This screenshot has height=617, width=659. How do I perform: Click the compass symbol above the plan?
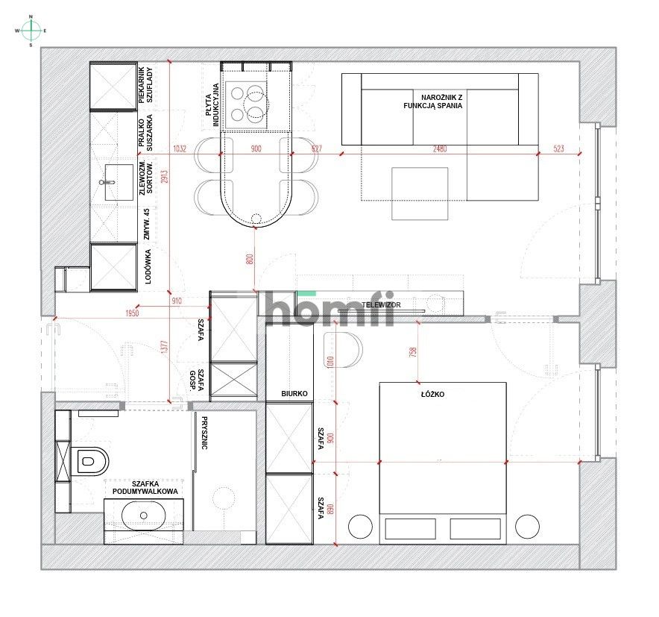[x=31, y=30]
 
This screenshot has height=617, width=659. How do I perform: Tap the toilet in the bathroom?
[x=92, y=461]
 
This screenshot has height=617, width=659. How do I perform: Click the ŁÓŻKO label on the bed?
[x=432, y=395]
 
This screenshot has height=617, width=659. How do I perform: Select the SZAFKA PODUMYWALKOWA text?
[x=145, y=487]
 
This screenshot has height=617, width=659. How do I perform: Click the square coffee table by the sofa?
[x=420, y=193]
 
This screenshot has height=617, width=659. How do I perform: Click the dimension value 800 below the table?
[x=250, y=260]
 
